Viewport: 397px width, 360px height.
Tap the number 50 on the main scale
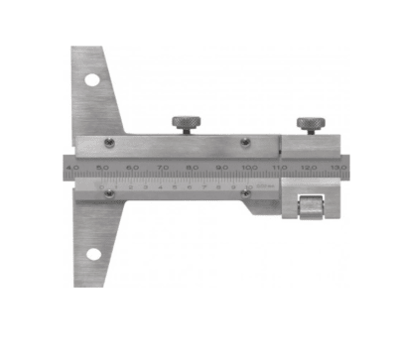pyautogui.click(x=102, y=168)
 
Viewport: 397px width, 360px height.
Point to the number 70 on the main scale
pyautogui.click(x=163, y=168)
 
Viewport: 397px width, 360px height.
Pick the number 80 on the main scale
pyautogui.click(x=193, y=168)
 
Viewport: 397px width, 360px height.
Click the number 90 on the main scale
pyautogui.click(x=222, y=168)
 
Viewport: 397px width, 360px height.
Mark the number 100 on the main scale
pyautogui.click(x=251, y=168)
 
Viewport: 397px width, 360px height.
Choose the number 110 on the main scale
pyautogui.click(x=281, y=168)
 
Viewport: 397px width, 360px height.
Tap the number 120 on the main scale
pyautogui.click(x=311, y=168)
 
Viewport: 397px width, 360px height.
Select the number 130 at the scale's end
pyautogui.click(x=340, y=168)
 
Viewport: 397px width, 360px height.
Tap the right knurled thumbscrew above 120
pyautogui.click(x=311, y=124)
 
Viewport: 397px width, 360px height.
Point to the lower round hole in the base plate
pyautogui.click(x=92, y=254)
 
